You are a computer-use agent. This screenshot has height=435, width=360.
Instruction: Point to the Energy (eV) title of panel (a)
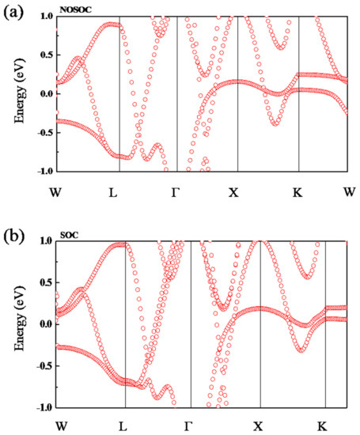pyautogui.click(x=15, y=93)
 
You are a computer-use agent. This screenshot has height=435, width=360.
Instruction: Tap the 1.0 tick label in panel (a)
pyautogui.click(x=45, y=17)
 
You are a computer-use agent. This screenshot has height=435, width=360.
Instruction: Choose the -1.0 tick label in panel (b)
pyautogui.click(x=44, y=407)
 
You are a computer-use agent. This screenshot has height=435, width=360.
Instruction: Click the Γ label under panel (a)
pyautogui.click(x=176, y=191)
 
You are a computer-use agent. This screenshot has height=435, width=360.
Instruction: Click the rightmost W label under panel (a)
pyautogui.click(x=349, y=191)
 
